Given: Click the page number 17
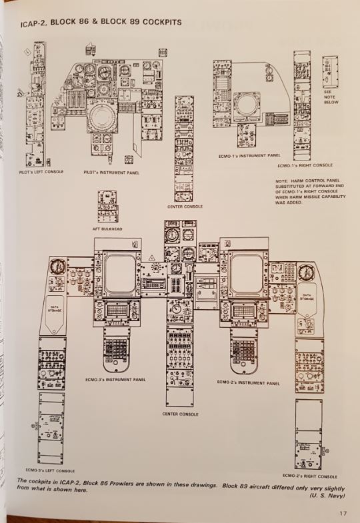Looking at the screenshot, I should tap(342, 513).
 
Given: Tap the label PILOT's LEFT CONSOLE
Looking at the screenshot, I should tap(41, 172).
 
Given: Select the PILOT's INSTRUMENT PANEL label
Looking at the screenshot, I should tap(111, 172).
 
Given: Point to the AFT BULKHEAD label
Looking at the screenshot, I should tap(107, 229).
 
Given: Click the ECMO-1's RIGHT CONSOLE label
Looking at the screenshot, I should tap(305, 165).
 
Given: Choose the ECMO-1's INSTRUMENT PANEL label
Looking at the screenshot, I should tap(250, 155).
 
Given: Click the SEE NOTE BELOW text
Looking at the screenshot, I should tap(331, 97).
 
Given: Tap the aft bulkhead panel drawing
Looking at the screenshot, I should tap(107, 207).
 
